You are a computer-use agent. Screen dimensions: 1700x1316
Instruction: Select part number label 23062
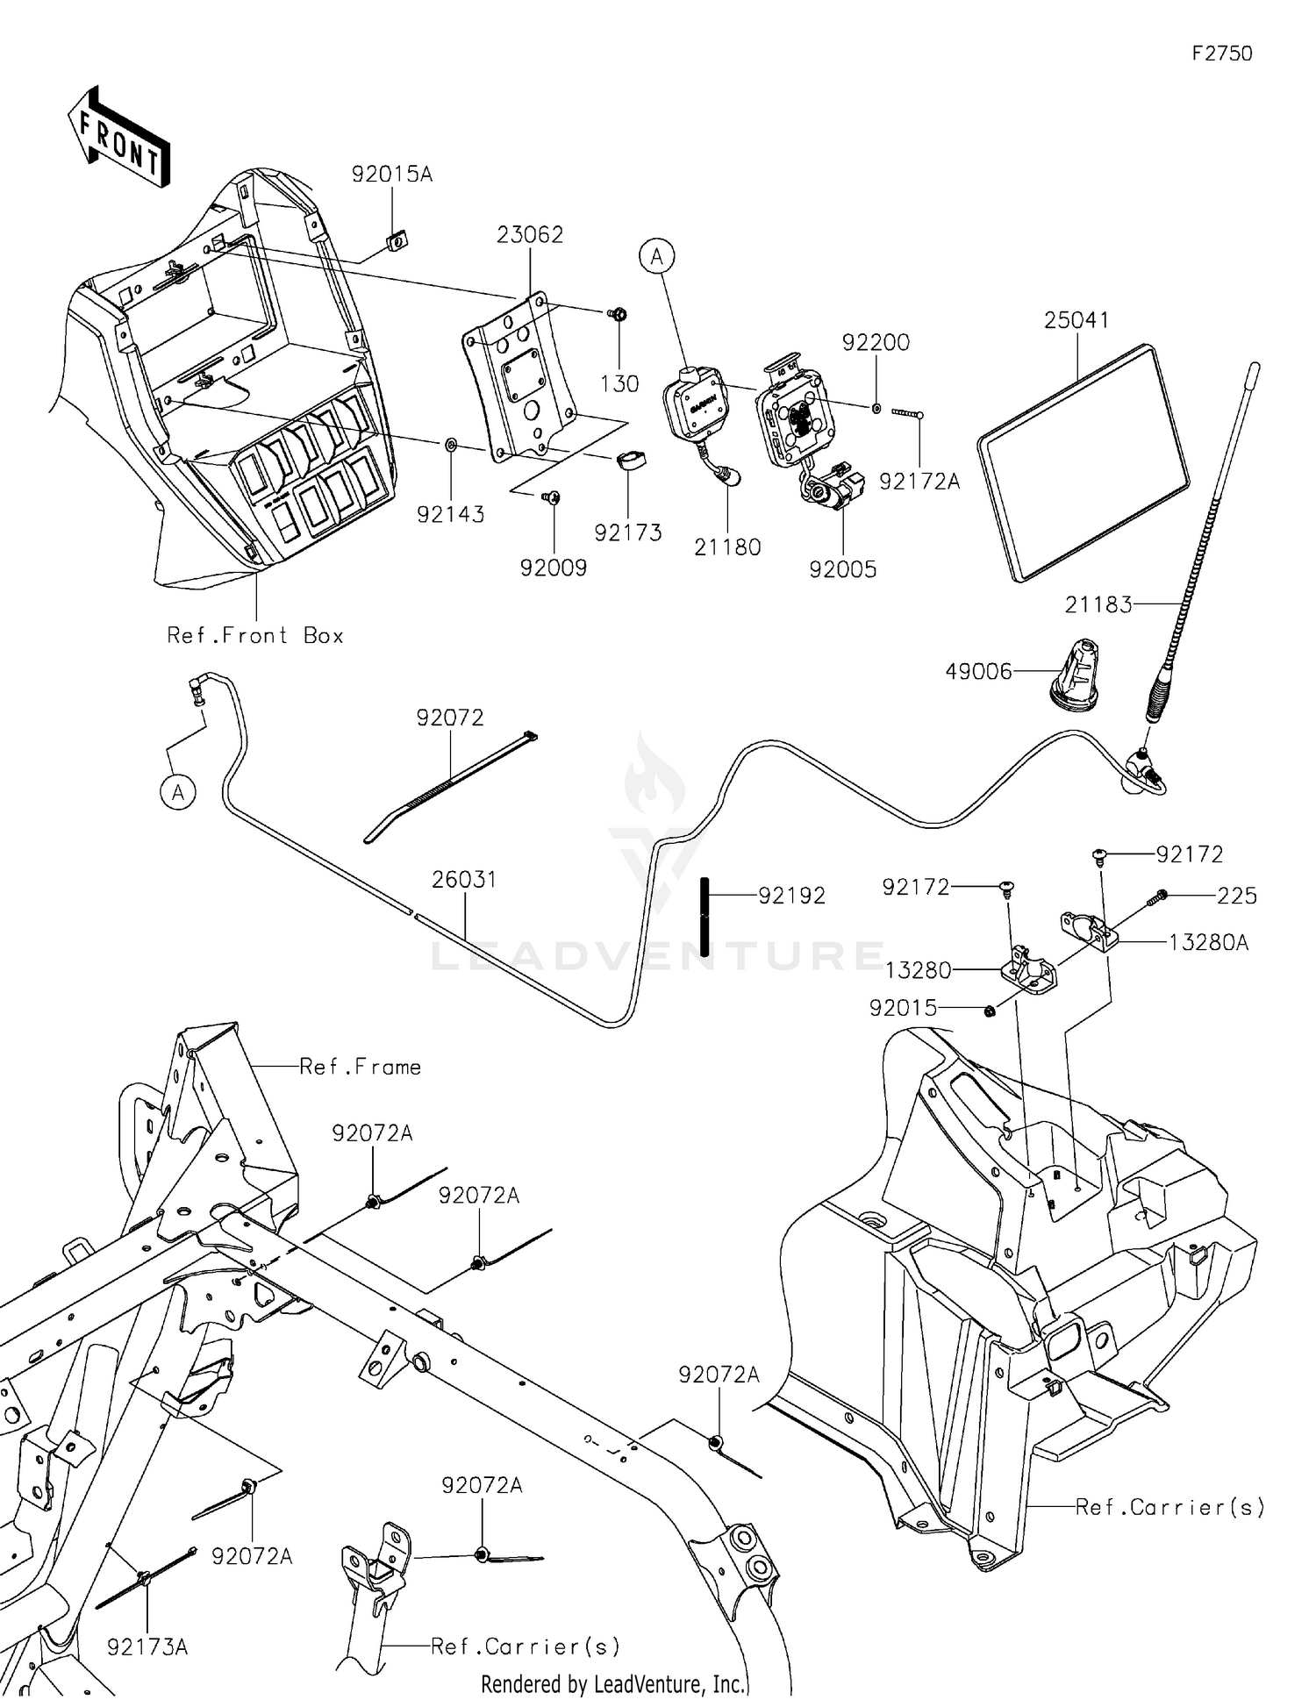tap(530, 235)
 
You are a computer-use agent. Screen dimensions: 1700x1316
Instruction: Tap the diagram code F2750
tap(1222, 54)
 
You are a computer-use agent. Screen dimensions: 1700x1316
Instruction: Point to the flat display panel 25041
tap(1084, 462)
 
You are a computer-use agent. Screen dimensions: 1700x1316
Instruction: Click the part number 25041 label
tap(1076, 321)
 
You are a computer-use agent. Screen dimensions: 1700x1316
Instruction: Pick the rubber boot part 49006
tap(1076, 675)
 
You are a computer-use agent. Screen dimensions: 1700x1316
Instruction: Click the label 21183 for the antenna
tap(1098, 604)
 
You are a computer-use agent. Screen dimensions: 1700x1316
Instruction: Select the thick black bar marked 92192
tap(704, 917)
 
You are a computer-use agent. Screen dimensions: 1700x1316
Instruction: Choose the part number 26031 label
tap(464, 880)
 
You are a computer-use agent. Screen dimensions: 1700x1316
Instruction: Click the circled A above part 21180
tap(656, 257)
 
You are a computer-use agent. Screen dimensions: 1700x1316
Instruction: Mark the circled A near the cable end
tap(178, 793)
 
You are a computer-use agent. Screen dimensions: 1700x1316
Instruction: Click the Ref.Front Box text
tap(255, 636)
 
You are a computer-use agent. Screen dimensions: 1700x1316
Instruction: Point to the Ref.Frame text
tap(361, 1068)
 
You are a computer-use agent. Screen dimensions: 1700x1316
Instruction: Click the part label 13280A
tap(1208, 943)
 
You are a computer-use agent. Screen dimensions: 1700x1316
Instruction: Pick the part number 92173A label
tap(147, 1647)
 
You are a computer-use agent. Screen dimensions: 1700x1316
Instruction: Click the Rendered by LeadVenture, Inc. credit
tap(613, 1684)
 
